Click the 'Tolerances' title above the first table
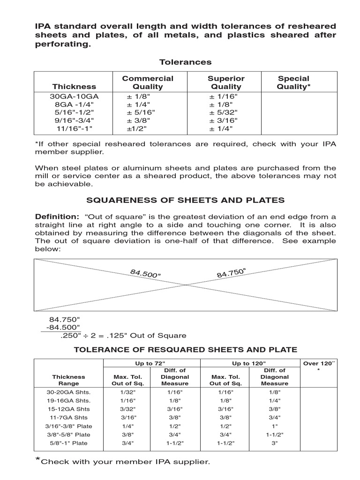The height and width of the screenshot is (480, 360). [185, 62]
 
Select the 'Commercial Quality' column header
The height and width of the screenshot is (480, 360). [148, 82]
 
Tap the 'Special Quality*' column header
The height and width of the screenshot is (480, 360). [293, 82]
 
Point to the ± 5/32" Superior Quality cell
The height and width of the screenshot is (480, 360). [224, 112]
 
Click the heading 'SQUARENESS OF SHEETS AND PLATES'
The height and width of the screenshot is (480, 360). [185, 200]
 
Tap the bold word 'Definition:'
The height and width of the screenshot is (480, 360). [57, 216]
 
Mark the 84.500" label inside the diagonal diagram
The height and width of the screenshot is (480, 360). [146, 273]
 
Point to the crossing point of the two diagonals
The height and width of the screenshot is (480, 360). [186, 285]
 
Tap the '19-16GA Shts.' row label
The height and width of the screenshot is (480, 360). [68, 400]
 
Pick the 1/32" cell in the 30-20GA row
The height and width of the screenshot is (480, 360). [127, 392]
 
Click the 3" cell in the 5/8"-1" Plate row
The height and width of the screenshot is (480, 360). [274, 443]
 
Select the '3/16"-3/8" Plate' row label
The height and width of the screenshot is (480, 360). [69, 426]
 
